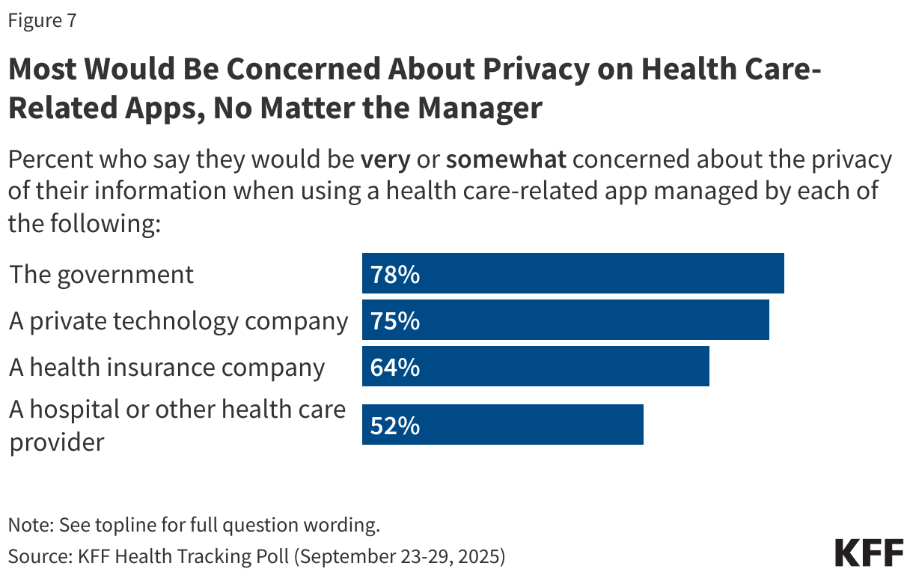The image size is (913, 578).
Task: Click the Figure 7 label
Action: [x=42, y=21]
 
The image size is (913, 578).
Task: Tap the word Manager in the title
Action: [x=479, y=109]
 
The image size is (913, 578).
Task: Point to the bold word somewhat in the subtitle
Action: [x=506, y=160]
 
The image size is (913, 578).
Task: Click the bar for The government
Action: [x=572, y=274]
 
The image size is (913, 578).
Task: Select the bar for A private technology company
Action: [x=565, y=320]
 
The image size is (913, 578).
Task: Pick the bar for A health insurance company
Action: [x=535, y=367]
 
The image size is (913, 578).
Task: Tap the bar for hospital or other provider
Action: [x=502, y=425]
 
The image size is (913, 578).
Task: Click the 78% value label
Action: [x=395, y=275]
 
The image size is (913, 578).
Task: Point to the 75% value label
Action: [x=395, y=321]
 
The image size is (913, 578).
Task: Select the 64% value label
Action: [x=395, y=368]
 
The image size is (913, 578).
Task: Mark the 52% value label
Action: [x=395, y=425]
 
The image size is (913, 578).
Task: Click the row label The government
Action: [x=101, y=274]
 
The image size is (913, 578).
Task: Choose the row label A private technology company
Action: [x=178, y=321]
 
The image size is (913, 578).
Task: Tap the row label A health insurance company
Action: [x=167, y=368]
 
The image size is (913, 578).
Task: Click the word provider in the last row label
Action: [x=56, y=442]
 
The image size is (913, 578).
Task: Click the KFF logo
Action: [x=869, y=553]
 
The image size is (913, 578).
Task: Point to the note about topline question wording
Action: [x=194, y=525]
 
